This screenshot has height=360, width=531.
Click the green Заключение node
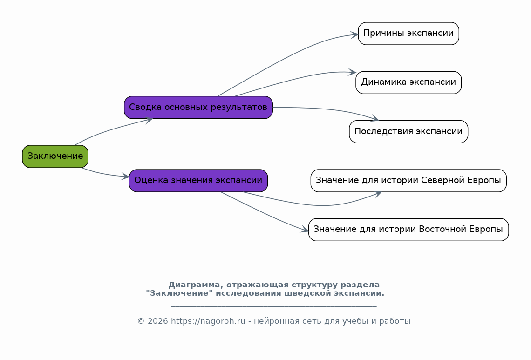(x=55, y=156)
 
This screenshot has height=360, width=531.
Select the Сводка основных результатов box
(x=198, y=108)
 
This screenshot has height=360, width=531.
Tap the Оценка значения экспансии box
(x=198, y=181)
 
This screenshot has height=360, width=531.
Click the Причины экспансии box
(x=408, y=34)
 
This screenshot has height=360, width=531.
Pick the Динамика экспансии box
(x=408, y=82)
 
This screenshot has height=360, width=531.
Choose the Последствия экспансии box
(x=408, y=131)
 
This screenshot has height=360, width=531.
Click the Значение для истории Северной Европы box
(x=408, y=181)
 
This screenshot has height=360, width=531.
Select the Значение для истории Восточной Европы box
(x=408, y=230)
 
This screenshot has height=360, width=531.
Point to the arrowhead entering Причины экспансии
(x=354, y=34)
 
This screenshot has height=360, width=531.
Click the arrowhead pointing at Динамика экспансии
(x=352, y=72)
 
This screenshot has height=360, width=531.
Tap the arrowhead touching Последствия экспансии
(x=374, y=118)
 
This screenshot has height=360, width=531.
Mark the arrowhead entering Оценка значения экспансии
(x=126, y=176)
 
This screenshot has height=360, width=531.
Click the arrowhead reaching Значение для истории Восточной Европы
(x=305, y=230)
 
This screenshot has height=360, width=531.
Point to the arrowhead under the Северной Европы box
(x=377, y=194)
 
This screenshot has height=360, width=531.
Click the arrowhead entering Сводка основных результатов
(x=149, y=120)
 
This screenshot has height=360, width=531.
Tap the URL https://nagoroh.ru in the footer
(x=208, y=321)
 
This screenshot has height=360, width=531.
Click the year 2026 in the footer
(x=158, y=321)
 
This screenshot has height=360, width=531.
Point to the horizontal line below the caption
(x=274, y=306)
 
